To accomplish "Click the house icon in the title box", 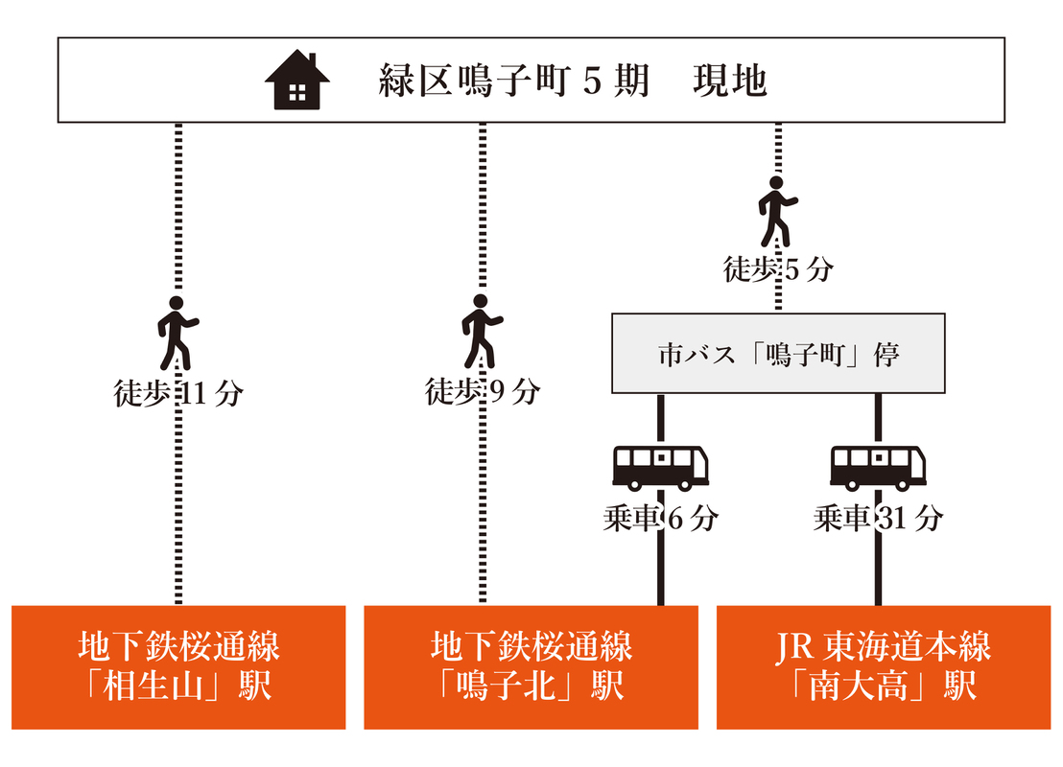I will click(x=297, y=81).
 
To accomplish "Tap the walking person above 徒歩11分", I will click(x=177, y=333).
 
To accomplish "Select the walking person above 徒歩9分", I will click(x=481, y=333).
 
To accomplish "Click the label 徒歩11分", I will click(x=177, y=393).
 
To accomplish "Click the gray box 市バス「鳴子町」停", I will click(x=778, y=354).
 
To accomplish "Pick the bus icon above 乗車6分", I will click(x=660, y=468).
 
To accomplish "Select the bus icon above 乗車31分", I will click(x=878, y=468).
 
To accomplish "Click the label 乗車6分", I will click(x=660, y=519).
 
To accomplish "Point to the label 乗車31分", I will click(x=878, y=519).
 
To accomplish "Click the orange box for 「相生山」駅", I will click(x=177, y=667).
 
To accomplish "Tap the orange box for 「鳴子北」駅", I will click(x=531, y=667).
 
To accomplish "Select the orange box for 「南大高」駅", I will click(x=884, y=667).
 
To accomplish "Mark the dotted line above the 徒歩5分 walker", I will click(x=778, y=149).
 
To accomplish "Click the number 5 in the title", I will click(x=593, y=81).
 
